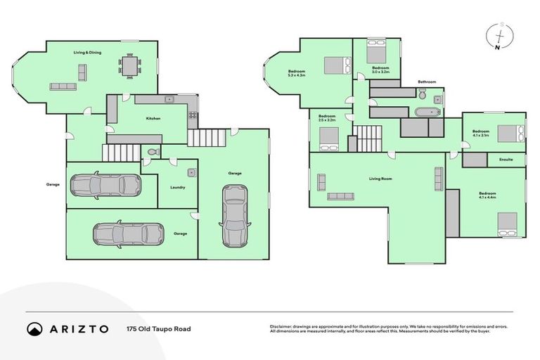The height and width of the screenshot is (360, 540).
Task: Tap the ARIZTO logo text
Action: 79,328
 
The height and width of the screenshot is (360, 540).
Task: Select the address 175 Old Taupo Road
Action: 158,328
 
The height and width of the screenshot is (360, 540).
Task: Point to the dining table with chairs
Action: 129,65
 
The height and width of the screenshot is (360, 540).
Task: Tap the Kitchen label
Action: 153,118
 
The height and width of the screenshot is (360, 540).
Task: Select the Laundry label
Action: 177,187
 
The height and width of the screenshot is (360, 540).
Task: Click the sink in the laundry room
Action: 191,172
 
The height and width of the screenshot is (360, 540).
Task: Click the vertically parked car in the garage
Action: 234,215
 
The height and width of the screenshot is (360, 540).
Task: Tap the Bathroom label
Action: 427,82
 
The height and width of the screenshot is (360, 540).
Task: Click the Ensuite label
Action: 506,160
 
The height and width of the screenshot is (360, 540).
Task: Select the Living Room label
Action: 380,179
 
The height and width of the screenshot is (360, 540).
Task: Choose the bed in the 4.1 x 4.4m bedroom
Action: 507,222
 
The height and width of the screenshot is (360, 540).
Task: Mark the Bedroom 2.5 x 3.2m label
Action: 327,118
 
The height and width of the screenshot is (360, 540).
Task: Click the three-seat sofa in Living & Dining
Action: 63,86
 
